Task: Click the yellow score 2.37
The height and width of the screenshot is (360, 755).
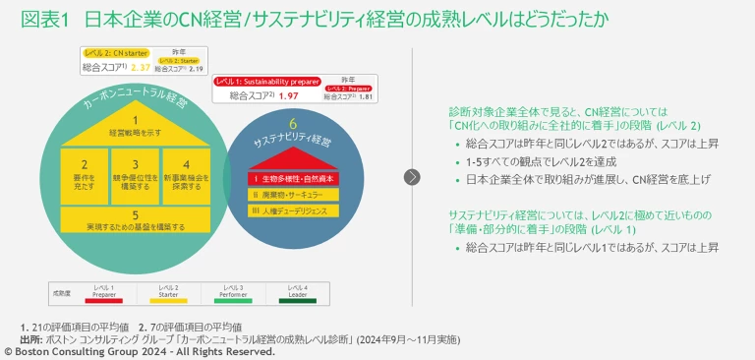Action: tap(141, 68)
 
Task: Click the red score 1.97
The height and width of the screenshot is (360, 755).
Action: tap(288, 96)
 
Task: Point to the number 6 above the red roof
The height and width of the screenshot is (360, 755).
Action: tap(293, 125)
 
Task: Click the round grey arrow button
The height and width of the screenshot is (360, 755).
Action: tap(412, 177)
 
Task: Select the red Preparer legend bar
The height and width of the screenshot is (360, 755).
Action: tap(104, 301)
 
